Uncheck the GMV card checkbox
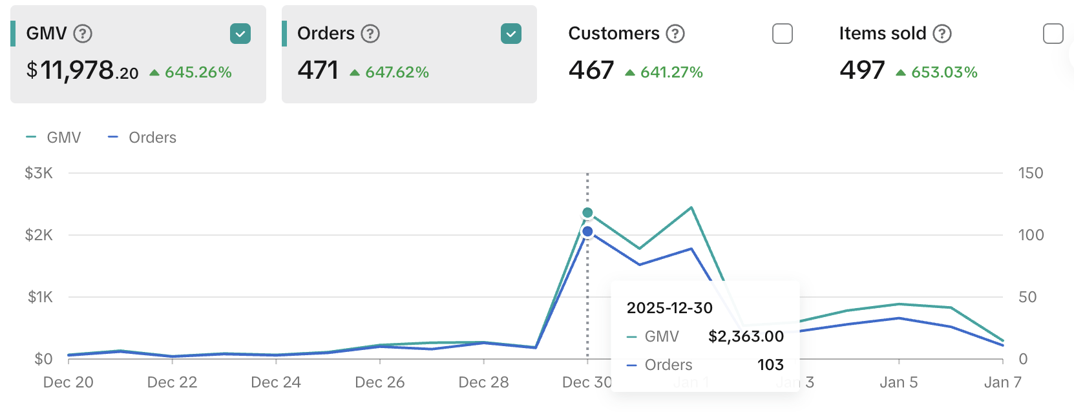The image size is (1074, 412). (240, 34)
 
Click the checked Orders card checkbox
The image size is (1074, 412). (511, 34)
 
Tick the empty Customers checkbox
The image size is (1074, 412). (783, 34)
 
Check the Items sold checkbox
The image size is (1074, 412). (1053, 34)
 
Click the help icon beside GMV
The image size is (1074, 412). (83, 34)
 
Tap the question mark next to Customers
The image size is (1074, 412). (675, 34)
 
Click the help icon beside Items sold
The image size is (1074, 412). (942, 34)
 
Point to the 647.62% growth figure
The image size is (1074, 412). (397, 72)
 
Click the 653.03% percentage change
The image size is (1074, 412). (944, 72)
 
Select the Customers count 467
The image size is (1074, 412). (591, 70)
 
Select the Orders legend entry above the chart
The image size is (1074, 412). (142, 138)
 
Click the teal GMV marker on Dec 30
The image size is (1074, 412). (587, 212)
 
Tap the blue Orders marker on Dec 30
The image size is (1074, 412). (587, 231)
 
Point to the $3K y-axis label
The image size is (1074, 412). (39, 173)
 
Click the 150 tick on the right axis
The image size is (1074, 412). (1031, 173)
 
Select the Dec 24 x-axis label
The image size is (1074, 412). (276, 382)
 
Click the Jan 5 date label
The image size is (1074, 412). (898, 382)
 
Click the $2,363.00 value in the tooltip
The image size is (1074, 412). (746, 336)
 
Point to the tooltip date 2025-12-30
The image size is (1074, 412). (669, 308)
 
